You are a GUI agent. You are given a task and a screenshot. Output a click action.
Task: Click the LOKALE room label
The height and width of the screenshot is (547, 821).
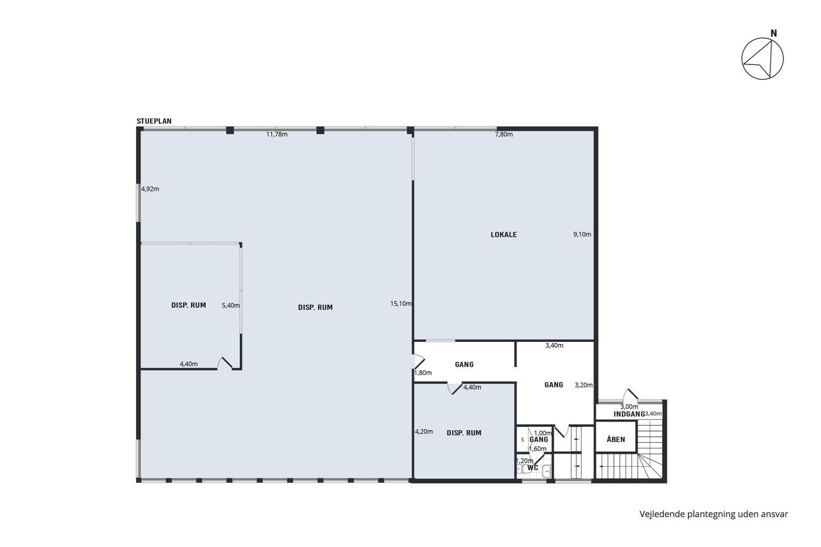pos(504,235)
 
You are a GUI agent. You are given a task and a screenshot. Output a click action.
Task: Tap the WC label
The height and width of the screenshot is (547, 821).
pos(533,468)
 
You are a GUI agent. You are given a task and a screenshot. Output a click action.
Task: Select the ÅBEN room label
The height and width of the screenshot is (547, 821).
pos(616,439)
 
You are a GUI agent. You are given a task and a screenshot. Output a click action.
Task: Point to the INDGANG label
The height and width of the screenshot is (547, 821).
pos(629,414)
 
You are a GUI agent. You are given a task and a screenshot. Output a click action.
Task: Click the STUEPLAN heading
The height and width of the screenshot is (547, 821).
pos(154,121)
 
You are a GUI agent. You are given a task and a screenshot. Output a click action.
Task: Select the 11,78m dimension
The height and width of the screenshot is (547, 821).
pos(277,134)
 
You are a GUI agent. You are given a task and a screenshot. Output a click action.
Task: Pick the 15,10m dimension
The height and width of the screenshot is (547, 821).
pos(401,304)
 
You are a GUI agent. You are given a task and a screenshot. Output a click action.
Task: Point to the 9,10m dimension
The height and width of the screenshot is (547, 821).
pos(582,235)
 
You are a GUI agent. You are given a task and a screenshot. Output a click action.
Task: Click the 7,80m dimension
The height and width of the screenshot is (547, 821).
pos(504,134)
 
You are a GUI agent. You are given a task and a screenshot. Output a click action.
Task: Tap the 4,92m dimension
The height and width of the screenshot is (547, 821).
pos(150,189)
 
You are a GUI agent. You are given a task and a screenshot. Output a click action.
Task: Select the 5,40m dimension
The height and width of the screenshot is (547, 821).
pos(231,305)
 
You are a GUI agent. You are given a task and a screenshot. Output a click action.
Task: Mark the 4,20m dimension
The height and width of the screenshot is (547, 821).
pos(423,432)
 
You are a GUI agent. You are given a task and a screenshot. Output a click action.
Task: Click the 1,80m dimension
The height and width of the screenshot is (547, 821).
pos(423,373)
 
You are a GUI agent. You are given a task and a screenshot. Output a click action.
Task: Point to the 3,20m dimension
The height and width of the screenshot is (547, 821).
pos(584,385)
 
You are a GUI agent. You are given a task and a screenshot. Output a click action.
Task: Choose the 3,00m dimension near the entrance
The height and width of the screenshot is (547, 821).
pos(629,407)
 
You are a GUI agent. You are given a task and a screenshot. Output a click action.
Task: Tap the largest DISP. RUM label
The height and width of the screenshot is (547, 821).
pos(315,308)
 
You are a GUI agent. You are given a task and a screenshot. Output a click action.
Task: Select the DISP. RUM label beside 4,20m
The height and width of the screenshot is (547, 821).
pos(464,433)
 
